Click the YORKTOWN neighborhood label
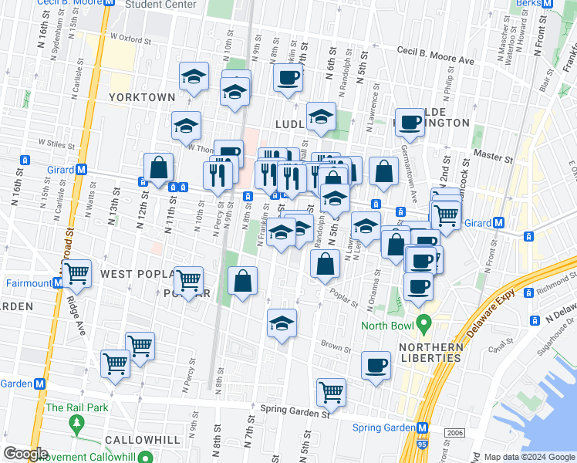[x=142, y=97]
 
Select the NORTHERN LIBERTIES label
[x=430, y=353]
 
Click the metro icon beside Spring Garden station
[x=422, y=428]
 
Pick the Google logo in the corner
[x=25, y=454]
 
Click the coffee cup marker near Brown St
[x=376, y=365]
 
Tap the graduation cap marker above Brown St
[x=282, y=323]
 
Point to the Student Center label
[x=160, y=5]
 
